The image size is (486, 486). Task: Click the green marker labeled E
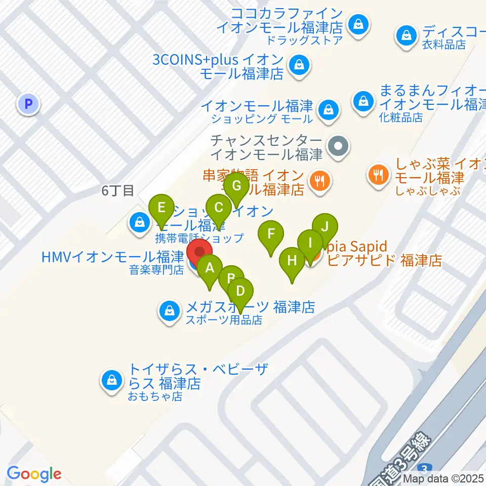[x=161, y=208]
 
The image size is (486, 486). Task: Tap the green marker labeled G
[x=236, y=185]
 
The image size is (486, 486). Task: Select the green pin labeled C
[x=219, y=208]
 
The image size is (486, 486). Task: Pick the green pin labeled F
[x=271, y=234]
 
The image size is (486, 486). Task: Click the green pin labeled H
[x=292, y=261]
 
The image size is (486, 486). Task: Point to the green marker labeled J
[x=325, y=227]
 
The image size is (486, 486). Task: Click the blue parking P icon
[x=28, y=104]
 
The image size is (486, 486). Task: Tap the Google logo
[x=34, y=474]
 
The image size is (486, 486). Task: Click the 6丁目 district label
[x=117, y=191]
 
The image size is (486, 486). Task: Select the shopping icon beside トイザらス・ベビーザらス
[x=111, y=381]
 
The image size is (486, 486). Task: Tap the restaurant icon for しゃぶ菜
[x=378, y=176]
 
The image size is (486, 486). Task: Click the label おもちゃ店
[x=155, y=396]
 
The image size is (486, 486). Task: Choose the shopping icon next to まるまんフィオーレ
[x=363, y=100]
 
